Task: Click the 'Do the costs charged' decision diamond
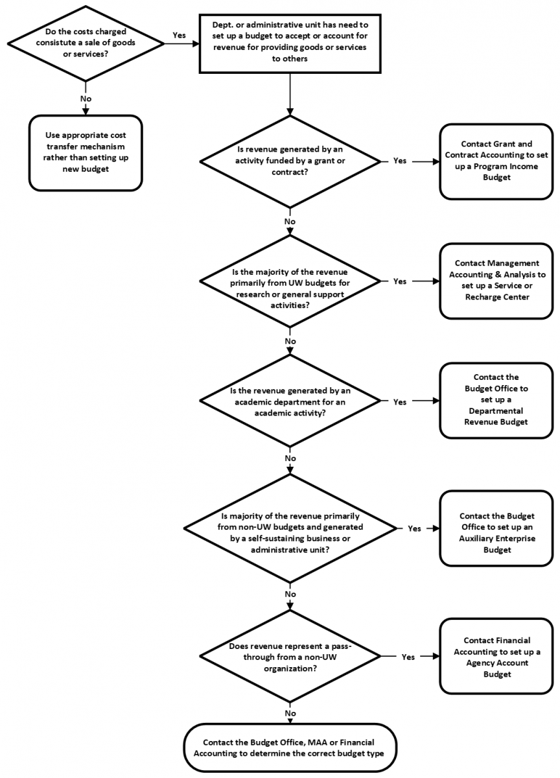pos(86,44)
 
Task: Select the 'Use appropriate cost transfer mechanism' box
pos(86,153)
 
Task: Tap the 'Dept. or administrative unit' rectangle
pos(290,44)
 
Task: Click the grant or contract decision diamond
pos(290,161)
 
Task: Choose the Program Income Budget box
pos(496,161)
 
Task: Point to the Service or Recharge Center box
pos(496,281)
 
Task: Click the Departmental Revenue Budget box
pos(496,401)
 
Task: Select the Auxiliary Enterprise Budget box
pos(496,528)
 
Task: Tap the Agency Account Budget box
pos(496,656)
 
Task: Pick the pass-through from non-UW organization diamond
pos(290,656)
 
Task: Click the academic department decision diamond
pos(290,401)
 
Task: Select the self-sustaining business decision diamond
pos(290,528)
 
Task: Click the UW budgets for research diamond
pos(290,281)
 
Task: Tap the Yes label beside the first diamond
pos(179,35)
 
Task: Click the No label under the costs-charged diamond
pos(86,99)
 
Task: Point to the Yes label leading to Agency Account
pos(408,657)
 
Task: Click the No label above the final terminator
pos(290,713)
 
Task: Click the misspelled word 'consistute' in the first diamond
pos(57,43)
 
